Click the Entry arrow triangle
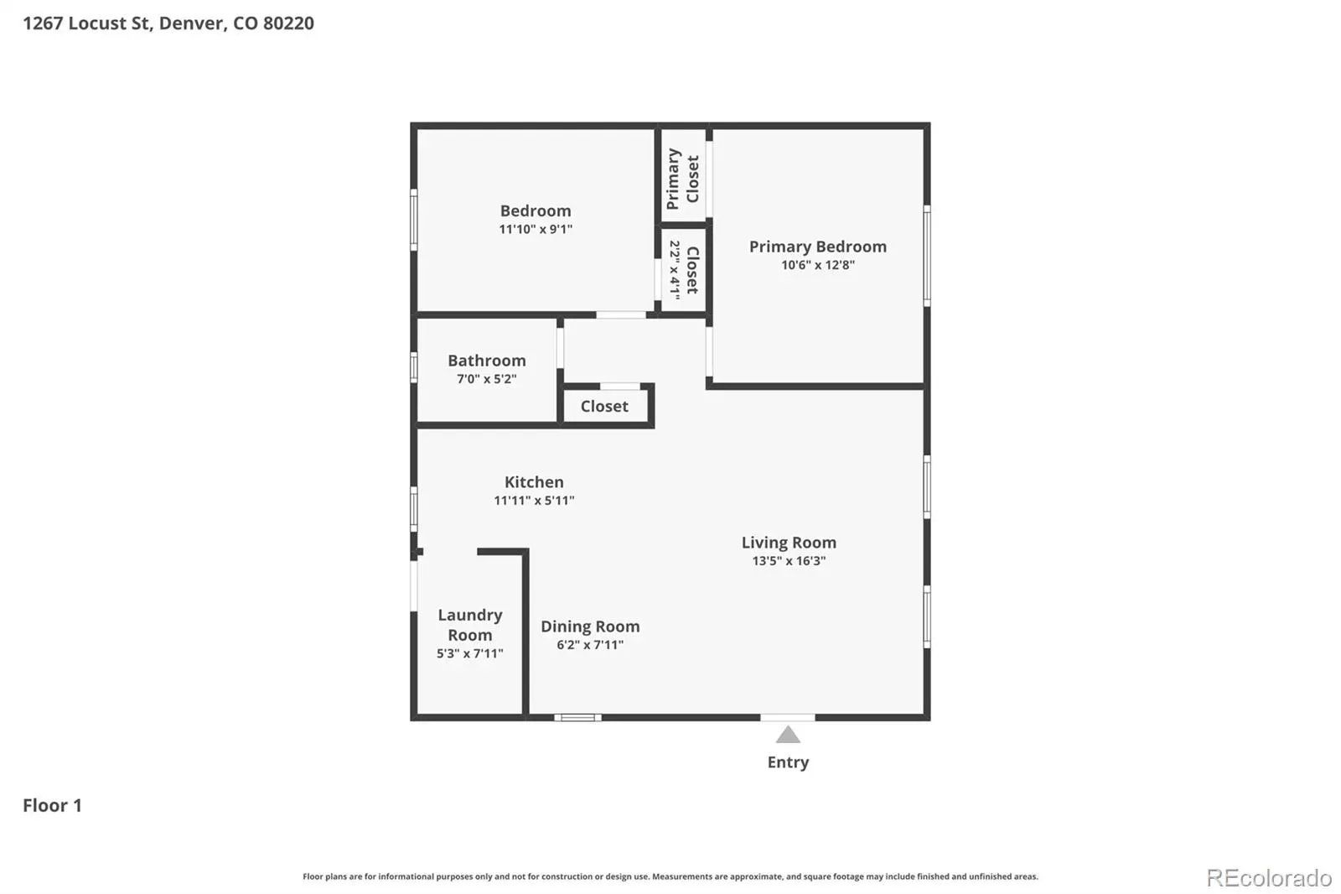788,735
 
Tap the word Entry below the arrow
788,762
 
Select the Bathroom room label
487,360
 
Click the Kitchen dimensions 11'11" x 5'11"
534,501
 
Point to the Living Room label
789,543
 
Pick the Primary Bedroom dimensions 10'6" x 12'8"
818,265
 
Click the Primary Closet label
683,179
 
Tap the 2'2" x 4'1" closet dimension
675,270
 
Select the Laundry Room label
470,624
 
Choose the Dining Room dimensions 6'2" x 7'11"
590,645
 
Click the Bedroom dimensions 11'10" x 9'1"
536,229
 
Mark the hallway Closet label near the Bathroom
604,406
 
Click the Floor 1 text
52,805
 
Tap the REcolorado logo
1269,878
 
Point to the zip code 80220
288,23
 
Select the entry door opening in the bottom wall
788,717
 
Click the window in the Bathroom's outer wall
414,367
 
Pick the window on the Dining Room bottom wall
577,717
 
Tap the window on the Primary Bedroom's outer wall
927,256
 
